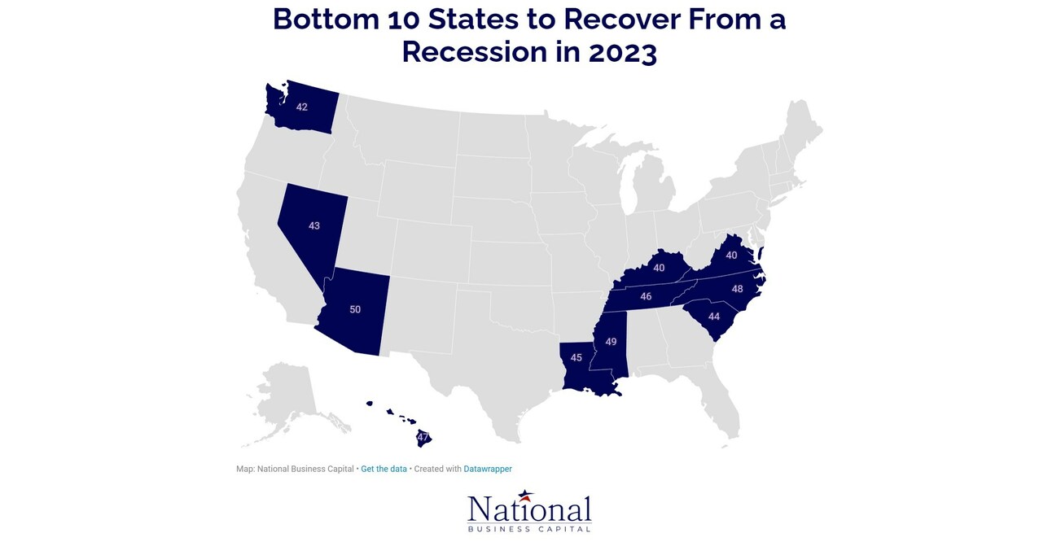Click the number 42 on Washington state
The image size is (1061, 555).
pyautogui.click(x=301, y=107)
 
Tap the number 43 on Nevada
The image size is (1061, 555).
pyautogui.click(x=314, y=225)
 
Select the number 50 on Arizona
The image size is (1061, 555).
pyautogui.click(x=355, y=309)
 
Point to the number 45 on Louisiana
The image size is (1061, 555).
pyautogui.click(x=577, y=357)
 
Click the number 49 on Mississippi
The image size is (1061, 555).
pyautogui.click(x=611, y=342)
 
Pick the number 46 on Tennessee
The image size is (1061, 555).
pyautogui.click(x=646, y=297)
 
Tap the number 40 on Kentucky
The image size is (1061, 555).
pyautogui.click(x=660, y=268)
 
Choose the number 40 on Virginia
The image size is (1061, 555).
pyautogui.click(x=731, y=256)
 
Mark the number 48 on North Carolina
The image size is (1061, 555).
pyautogui.click(x=737, y=289)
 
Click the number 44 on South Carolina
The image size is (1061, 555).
pyautogui.click(x=714, y=317)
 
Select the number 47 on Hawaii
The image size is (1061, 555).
pyautogui.click(x=423, y=437)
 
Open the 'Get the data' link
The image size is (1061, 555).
pyautogui.click(x=384, y=469)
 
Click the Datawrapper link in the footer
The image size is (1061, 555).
pyautogui.click(x=488, y=469)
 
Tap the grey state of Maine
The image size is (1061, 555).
pyautogui.click(x=802, y=130)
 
